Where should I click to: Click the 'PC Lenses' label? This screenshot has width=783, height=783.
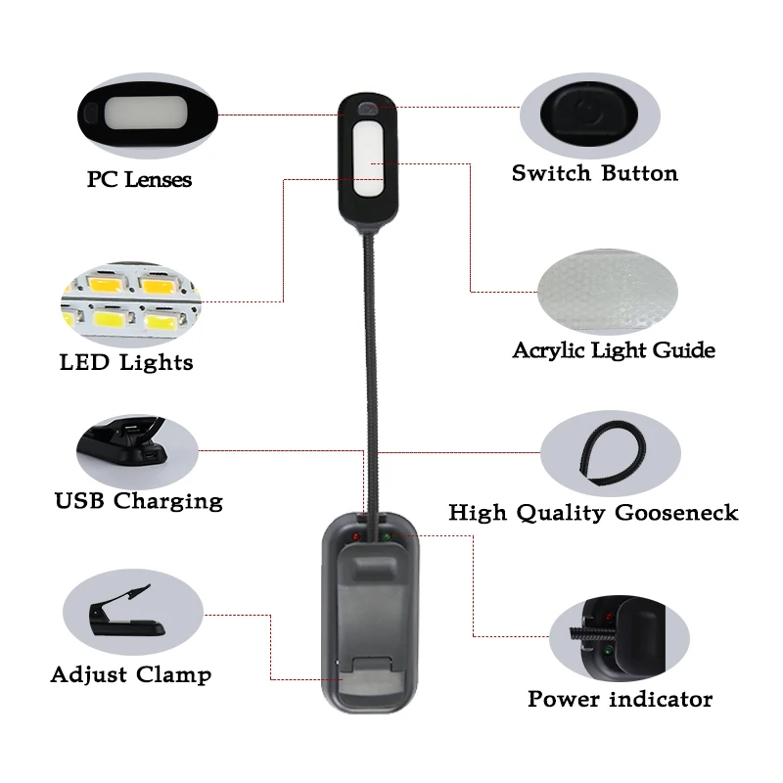point(139,180)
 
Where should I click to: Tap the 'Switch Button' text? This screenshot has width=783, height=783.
point(594,174)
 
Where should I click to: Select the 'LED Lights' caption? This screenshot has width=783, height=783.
point(126,363)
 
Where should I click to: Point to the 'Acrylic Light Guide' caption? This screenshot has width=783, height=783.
point(614,350)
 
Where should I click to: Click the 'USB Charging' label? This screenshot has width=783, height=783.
point(138,502)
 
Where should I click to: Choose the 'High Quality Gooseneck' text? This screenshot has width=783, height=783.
point(593,513)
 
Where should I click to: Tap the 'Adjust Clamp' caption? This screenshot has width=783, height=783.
point(130,675)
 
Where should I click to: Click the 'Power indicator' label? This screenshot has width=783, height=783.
point(620,699)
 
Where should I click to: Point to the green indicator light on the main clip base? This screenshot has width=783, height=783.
point(387,536)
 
